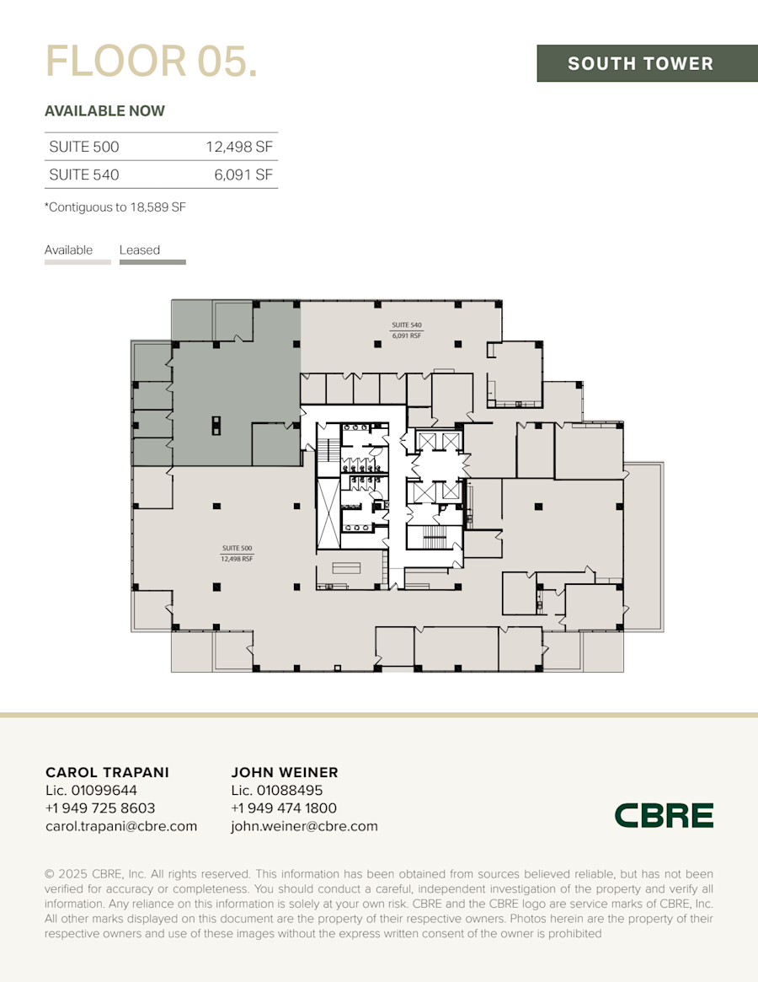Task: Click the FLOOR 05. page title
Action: click(152, 62)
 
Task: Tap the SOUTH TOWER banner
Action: click(640, 63)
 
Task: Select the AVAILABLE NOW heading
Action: click(104, 110)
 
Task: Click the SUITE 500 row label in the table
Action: click(84, 147)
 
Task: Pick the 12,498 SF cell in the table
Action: click(239, 147)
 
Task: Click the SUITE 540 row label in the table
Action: click(84, 175)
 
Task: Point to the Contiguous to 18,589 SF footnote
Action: click(115, 207)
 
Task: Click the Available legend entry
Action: click(69, 250)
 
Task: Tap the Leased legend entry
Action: click(140, 250)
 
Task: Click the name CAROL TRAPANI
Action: click(107, 772)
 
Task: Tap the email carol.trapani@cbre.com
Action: click(121, 827)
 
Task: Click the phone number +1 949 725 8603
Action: click(100, 808)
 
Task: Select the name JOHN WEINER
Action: click(285, 772)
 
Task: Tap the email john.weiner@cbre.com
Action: click(304, 827)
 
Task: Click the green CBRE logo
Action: click(664, 815)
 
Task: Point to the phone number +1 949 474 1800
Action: click(284, 808)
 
